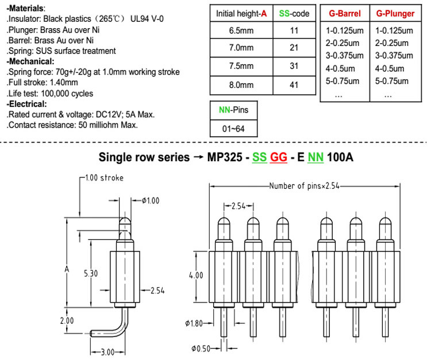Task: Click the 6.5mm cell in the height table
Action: point(241,30)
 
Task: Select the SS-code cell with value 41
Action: point(294,85)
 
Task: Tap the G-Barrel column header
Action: point(345,13)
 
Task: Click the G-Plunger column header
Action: point(395,13)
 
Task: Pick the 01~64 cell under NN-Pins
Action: point(233,129)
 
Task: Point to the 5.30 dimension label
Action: point(91,273)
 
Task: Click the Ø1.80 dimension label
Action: point(194,323)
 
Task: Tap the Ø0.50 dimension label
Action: point(201,349)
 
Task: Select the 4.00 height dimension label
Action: point(196,275)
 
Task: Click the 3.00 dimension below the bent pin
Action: point(107,352)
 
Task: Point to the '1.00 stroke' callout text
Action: point(104,178)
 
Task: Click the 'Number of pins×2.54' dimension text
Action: point(304,186)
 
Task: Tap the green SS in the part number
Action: point(260,157)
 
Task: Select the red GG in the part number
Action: point(279,157)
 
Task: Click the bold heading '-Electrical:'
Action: point(26,104)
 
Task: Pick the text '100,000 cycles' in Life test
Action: point(67,94)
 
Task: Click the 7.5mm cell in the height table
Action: point(241,66)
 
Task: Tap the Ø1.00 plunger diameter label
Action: point(151,201)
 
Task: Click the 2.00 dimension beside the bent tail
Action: point(67,320)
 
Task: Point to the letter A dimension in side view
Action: point(67,269)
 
